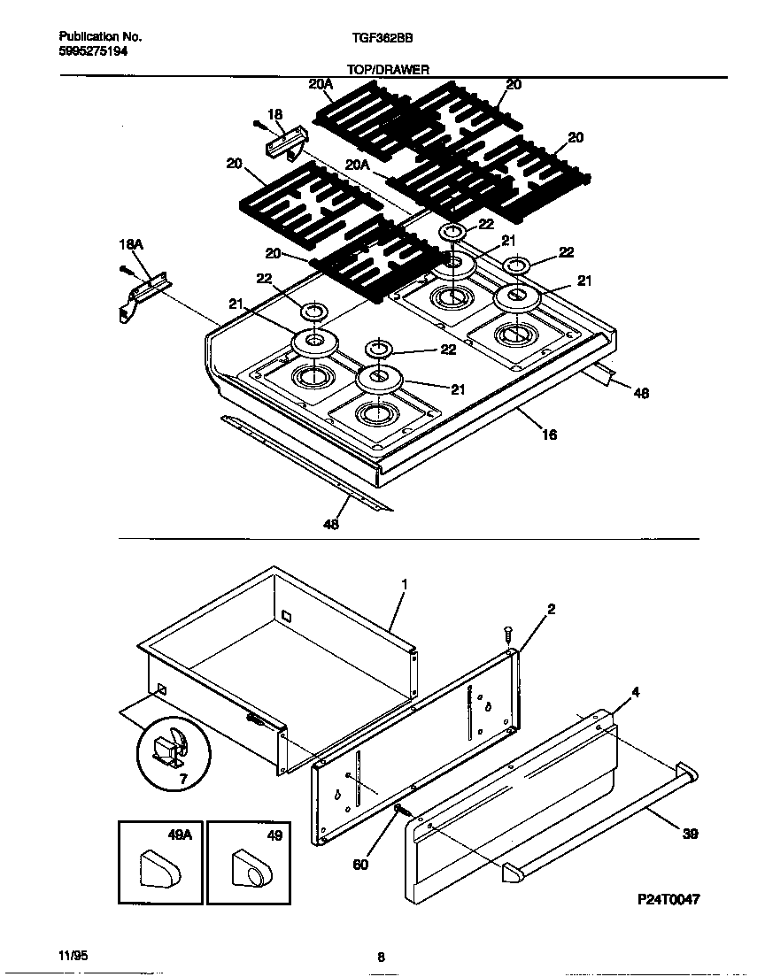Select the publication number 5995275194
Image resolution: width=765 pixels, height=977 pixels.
(93, 52)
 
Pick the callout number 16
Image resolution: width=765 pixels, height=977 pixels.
(549, 435)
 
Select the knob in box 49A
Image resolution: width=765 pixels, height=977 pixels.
(159, 869)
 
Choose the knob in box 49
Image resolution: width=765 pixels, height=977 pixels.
(251, 868)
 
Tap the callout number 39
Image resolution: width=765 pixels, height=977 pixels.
(691, 834)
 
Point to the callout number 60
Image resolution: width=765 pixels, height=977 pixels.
(360, 864)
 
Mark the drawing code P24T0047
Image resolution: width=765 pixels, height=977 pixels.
(668, 899)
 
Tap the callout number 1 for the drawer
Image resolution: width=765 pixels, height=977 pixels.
(404, 585)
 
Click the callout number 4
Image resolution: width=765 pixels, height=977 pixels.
(635, 691)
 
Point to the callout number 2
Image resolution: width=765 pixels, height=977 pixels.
(551, 610)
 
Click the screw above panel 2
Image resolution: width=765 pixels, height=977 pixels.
(508, 634)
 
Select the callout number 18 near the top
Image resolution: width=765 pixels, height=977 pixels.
(274, 114)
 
